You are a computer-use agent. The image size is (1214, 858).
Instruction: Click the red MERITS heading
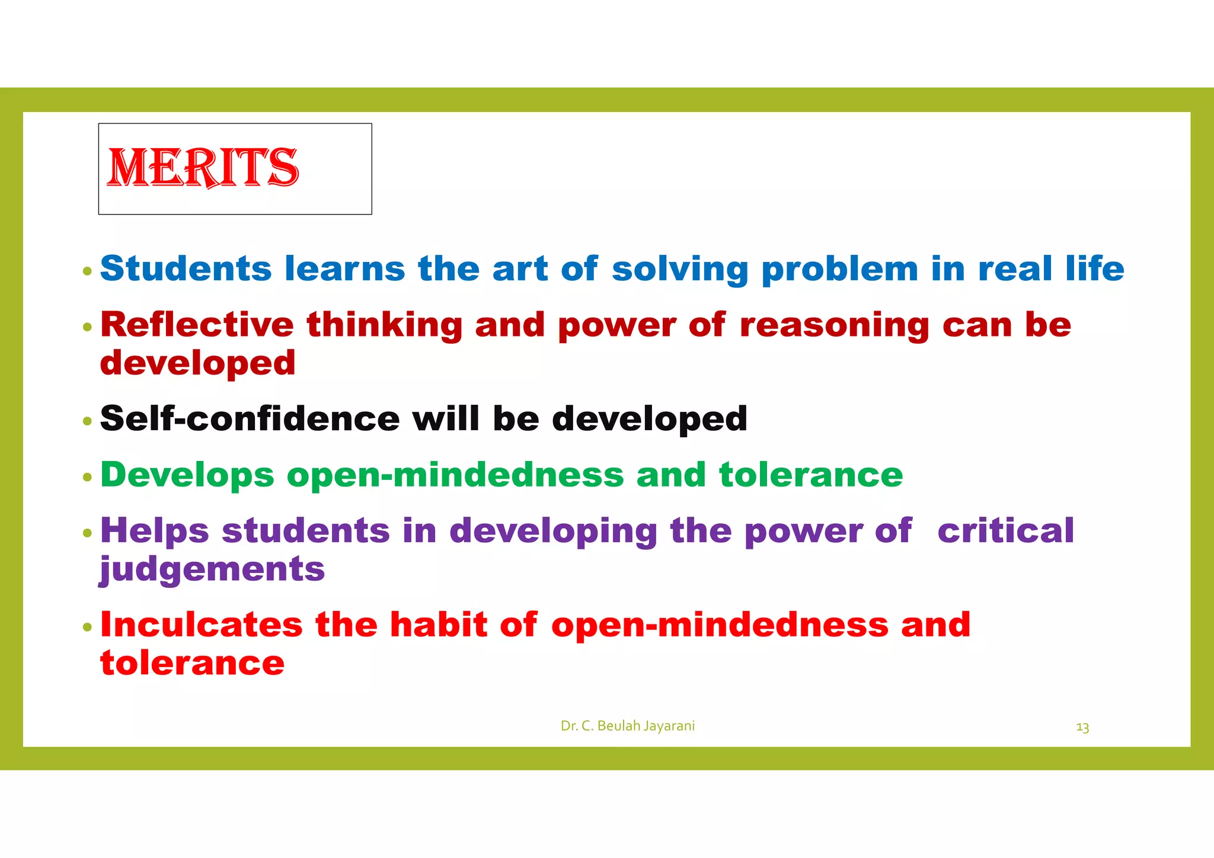(x=203, y=168)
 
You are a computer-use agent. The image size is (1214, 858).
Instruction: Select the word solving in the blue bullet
(x=680, y=270)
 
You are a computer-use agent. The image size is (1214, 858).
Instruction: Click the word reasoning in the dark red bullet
(x=834, y=326)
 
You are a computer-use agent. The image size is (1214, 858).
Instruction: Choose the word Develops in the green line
(x=187, y=475)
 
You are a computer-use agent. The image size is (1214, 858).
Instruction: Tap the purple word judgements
(x=212, y=569)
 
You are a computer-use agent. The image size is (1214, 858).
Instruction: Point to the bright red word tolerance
(x=193, y=662)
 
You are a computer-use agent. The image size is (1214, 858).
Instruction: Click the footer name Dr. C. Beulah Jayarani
(x=627, y=726)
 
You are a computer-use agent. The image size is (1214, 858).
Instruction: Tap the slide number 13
(x=1082, y=727)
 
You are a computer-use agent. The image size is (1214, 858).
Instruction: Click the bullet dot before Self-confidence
(x=88, y=421)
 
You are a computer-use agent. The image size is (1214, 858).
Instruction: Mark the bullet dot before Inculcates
(x=88, y=628)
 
